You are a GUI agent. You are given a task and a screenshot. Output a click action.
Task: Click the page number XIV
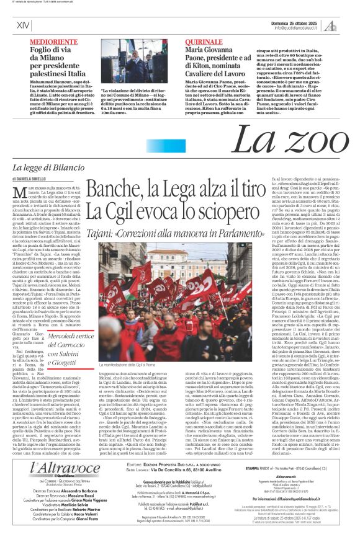point(23,25)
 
